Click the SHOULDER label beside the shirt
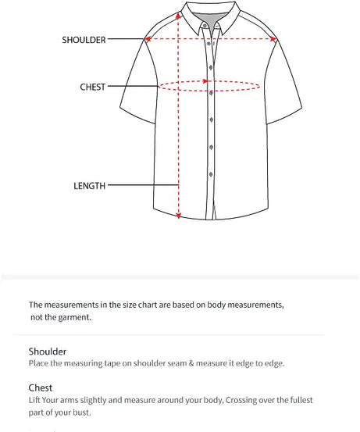coord(84,40)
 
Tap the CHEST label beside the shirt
coord(92,87)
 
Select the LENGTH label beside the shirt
coord(89,186)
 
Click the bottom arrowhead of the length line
coord(179,216)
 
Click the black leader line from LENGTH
coord(141,186)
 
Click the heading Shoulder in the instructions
coord(48,352)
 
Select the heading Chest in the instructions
coord(41,387)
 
